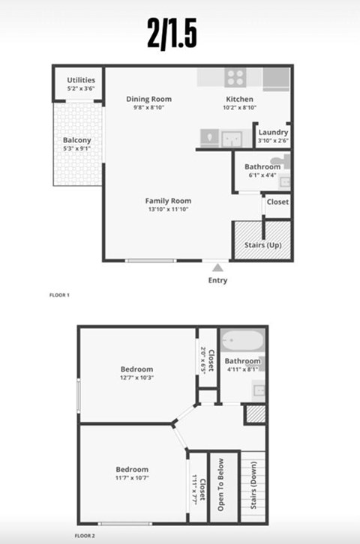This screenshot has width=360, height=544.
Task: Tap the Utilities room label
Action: [81, 80]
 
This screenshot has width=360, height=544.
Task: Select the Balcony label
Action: [77, 140]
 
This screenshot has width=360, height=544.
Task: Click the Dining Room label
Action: [148, 99]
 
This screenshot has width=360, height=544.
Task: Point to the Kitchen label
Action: [240, 99]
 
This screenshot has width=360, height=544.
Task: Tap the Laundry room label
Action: [273, 133]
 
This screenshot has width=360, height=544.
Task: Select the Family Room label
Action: [168, 201]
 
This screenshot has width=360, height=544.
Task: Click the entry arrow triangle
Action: [217, 268]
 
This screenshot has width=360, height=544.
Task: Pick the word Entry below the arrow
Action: [217, 281]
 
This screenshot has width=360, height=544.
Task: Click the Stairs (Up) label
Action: [262, 246]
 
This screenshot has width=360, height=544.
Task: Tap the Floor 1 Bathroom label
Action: [262, 166]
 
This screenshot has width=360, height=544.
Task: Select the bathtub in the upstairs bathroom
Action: [241, 341]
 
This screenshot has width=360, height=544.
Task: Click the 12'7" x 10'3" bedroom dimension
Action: [136, 378]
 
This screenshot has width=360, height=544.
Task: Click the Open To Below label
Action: [221, 485]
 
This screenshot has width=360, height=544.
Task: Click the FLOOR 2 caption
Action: [85, 537]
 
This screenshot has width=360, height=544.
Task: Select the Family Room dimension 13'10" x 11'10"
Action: [168, 210]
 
